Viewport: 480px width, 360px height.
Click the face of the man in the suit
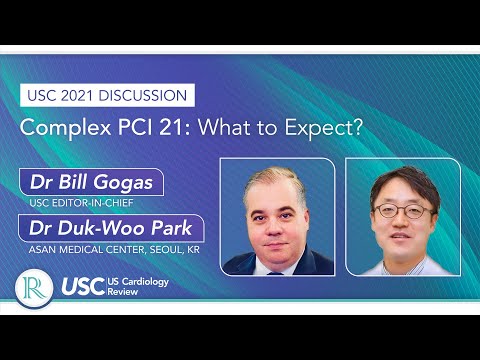point(277,215)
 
